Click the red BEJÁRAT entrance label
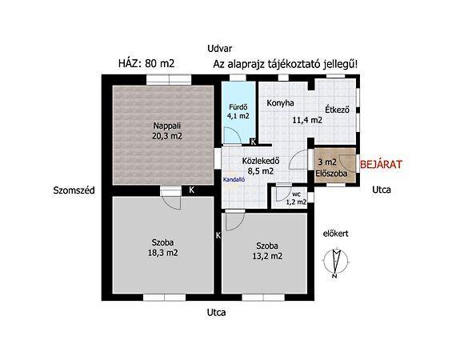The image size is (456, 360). coord(381,165)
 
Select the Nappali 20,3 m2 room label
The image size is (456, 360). coord(167,131)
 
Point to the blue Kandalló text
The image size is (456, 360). coord(234,180)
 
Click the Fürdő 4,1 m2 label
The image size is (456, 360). coord(238,111)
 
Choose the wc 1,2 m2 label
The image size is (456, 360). coord(296,198)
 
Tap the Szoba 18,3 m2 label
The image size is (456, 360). coord(163,247)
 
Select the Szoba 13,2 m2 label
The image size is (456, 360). coord(267,250)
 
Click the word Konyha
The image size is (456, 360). coord(280,103)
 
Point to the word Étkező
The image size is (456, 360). coord(337,110)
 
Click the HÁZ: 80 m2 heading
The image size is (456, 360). coord(146,63)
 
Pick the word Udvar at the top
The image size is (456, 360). coord(220,49)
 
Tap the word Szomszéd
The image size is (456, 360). coord(74,190)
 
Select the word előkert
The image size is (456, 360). coord(336,234)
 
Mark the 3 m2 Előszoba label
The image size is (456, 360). coord(331,167)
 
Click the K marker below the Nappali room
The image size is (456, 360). coord(192,190)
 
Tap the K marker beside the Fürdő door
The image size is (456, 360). coord(254,142)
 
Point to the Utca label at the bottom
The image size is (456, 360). coord(216,313)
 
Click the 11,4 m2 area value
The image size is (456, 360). coord(307,120)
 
